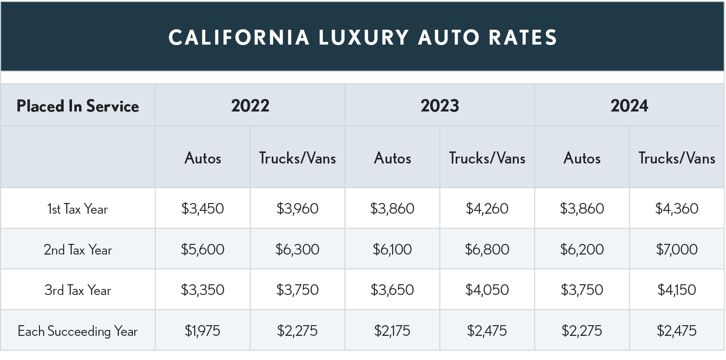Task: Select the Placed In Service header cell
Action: point(78,106)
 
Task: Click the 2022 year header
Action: point(250,106)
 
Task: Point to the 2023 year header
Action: point(439,106)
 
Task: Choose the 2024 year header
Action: point(629,106)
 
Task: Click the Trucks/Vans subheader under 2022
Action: point(297,158)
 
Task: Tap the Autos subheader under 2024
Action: point(582,158)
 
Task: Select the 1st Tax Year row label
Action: point(78,209)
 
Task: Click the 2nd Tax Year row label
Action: point(78,250)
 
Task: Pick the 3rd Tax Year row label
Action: point(78,290)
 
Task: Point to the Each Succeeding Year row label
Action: point(78,331)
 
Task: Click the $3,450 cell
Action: point(203,209)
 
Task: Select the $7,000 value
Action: point(677,249)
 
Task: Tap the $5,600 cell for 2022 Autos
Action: point(203,249)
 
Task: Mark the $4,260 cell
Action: point(487,209)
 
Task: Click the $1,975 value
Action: point(203,331)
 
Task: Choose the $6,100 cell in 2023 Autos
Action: point(392,249)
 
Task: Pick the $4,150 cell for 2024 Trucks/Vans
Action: point(677,290)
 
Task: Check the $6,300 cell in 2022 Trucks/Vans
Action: point(297,249)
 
